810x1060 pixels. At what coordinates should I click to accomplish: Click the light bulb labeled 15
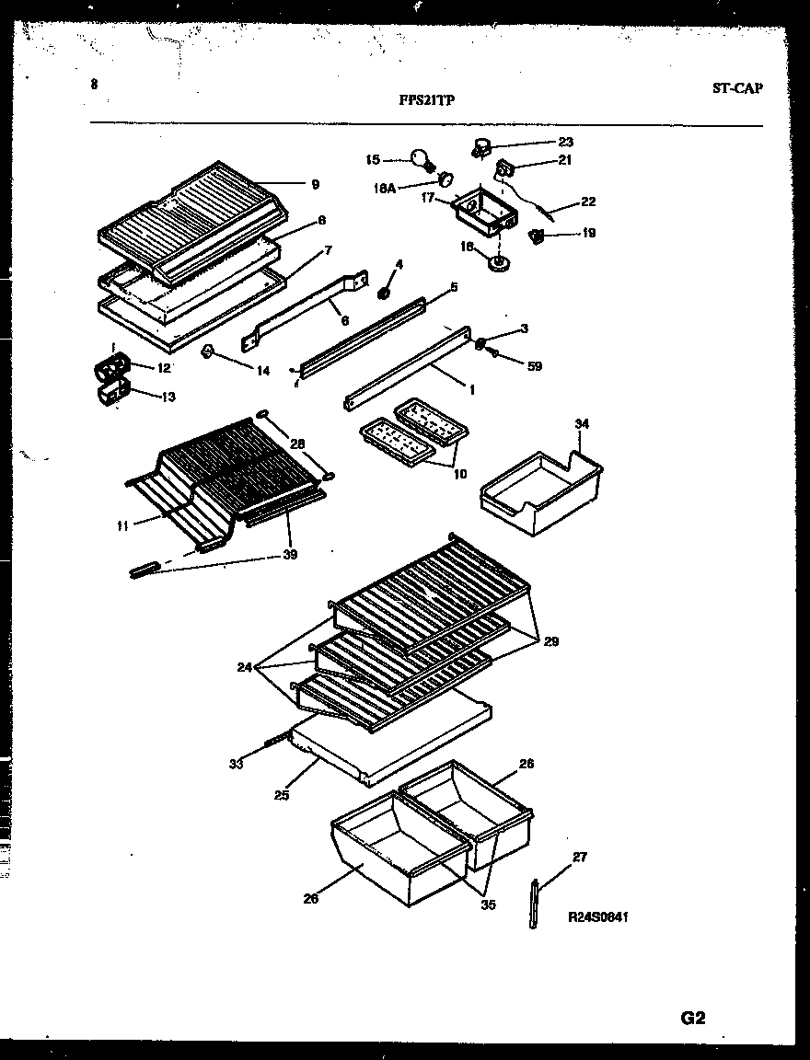pyautogui.click(x=423, y=160)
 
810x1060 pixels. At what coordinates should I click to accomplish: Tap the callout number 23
pyautogui.click(x=565, y=142)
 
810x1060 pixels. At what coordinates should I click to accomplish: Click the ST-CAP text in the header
pyautogui.click(x=736, y=89)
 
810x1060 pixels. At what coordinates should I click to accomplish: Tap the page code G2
pyautogui.click(x=692, y=1018)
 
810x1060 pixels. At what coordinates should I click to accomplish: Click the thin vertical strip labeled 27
pyautogui.click(x=535, y=904)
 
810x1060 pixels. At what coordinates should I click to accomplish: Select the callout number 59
pyautogui.click(x=534, y=366)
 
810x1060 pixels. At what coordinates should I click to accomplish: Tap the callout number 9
pyautogui.click(x=315, y=185)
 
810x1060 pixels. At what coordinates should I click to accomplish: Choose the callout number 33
pyautogui.click(x=237, y=763)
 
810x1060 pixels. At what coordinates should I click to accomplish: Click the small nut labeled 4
pyautogui.click(x=385, y=294)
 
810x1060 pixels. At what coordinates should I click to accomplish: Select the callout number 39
pyautogui.click(x=290, y=555)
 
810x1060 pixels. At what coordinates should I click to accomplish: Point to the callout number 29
pyautogui.click(x=550, y=641)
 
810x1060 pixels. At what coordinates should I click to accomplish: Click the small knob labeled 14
pyautogui.click(x=208, y=351)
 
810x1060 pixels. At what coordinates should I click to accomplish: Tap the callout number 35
pyautogui.click(x=488, y=904)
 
